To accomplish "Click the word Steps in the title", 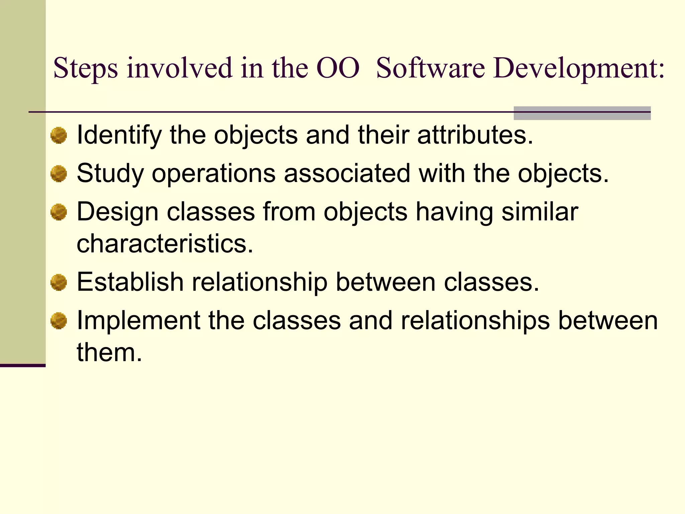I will point(85,69).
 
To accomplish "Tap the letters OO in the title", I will point(338,69).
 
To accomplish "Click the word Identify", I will point(119,136).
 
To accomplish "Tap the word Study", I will point(110,174).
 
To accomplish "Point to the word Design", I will point(117,212).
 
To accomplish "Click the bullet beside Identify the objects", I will point(59,136).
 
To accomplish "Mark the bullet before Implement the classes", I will point(59,321).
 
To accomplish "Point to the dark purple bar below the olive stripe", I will point(22,365).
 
